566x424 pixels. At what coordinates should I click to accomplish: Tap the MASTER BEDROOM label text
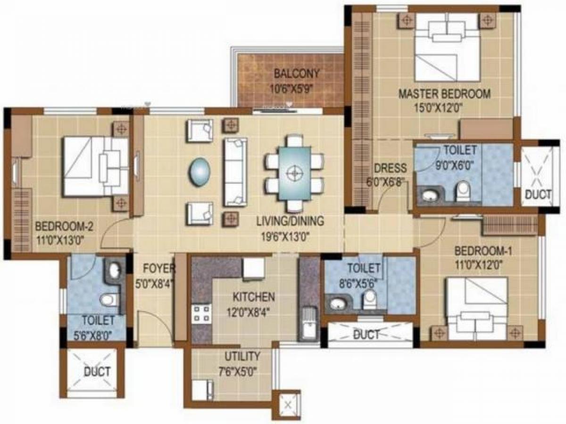point(444,94)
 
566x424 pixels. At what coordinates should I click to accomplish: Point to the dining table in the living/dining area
point(295,172)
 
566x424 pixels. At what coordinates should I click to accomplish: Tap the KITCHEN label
point(254,297)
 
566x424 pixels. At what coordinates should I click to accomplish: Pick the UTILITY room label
point(242,356)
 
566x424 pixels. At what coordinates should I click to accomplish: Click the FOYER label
point(159,269)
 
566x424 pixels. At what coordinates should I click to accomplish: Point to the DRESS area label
point(390,168)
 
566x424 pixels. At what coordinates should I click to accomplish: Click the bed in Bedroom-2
point(96,166)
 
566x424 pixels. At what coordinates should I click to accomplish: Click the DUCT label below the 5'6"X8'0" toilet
point(97,372)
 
